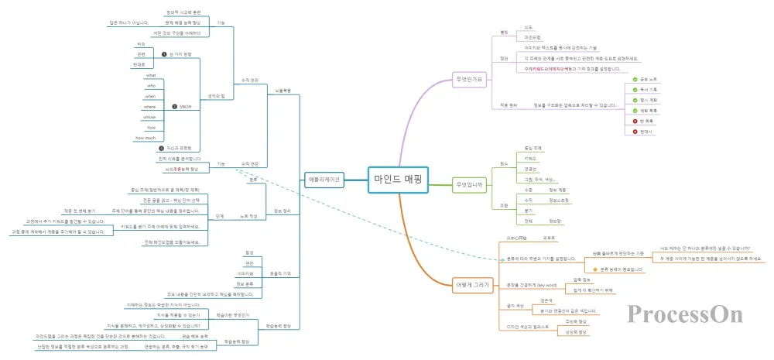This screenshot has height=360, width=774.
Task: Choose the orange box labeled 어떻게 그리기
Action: (x=473, y=285)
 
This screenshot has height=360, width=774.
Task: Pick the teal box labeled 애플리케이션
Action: (x=324, y=178)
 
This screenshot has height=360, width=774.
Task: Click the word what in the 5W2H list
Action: (x=152, y=75)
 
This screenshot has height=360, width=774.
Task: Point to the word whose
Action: (x=150, y=116)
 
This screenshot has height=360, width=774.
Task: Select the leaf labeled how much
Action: (x=146, y=137)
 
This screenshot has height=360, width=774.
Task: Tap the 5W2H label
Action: (x=185, y=106)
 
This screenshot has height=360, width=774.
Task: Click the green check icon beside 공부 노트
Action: (x=635, y=80)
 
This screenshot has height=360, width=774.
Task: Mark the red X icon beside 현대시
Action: (x=635, y=132)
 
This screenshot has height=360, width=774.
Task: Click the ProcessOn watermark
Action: (x=685, y=314)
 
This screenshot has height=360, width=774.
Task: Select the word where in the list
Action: (x=150, y=106)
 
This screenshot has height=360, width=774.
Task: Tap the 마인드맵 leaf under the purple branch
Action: (x=533, y=36)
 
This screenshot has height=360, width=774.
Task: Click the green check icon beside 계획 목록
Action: (x=635, y=111)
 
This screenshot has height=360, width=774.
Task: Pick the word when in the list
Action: (x=151, y=96)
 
